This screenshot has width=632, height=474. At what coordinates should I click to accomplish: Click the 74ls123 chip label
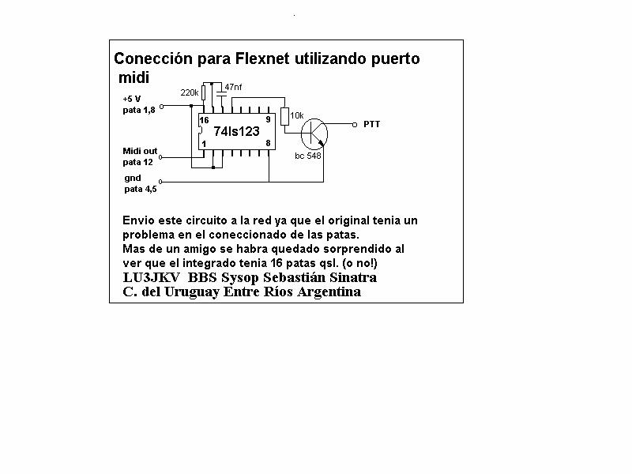pyautogui.click(x=236, y=131)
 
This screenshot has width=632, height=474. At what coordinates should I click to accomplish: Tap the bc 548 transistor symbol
pyautogui.click(x=314, y=134)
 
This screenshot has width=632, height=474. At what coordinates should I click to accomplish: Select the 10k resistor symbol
pyautogui.click(x=285, y=117)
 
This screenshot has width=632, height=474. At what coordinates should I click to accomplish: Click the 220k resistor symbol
pyautogui.click(x=204, y=92)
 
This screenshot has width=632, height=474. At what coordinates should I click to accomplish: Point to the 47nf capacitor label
pyautogui.click(x=233, y=87)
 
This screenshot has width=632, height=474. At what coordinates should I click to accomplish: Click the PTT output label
pyautogui.click(x=371, y=124)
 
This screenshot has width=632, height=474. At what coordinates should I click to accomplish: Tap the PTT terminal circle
pyautogui.click(x=355, y=125)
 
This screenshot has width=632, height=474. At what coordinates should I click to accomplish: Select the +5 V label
pyautogui.click(x=132, y=99)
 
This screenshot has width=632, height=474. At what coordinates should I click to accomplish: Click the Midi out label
pyautogui.click(x=140, y=151)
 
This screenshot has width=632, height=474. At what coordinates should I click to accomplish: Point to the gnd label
pyautogui.click(x=133, y=179)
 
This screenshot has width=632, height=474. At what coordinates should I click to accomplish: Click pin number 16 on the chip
pyautogui.click(x=205, y=120)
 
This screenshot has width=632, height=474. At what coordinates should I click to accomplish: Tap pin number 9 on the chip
pyautogui.click(x=268, y=120)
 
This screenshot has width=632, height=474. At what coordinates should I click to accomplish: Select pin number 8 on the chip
pyautogui.click(x=268, y=143)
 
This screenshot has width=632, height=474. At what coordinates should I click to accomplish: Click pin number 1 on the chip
pyautogui.click(x=204, y=144)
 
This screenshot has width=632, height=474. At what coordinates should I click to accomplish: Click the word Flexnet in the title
pyautogui.click(x=262, y=58)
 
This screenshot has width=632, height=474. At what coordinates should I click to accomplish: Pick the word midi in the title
pyautogui.click(x=134, y=77)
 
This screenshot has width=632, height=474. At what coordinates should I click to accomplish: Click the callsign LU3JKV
pyautogui.click(x=151, y=277)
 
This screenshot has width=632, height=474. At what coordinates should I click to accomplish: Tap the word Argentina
pyautogui.click(x=329, y=292)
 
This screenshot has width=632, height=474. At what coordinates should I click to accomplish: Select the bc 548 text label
pyautogui.click(x=308, y=156)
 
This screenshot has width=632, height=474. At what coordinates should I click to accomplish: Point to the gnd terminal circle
pyautogui.click(x=160, y=182)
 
